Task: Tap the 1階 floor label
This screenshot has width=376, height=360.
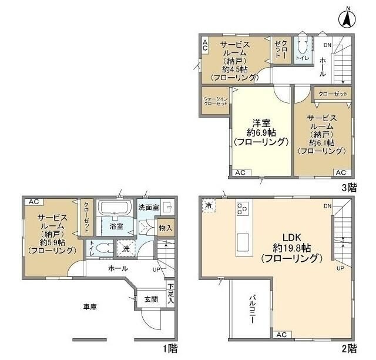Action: (x=170, y=349)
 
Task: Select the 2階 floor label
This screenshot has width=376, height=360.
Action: (x=349, y=349)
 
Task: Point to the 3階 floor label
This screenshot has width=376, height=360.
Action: (x=349, y=188)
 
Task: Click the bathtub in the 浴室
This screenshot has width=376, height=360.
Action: (x=114, y=208)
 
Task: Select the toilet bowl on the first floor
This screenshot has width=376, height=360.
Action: (x=104, y=248)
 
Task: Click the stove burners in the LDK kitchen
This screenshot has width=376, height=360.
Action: (x=243, y=208)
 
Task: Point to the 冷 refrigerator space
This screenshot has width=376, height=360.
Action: (x=209, y=205)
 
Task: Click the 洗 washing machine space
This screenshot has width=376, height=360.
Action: (x=126, y=249)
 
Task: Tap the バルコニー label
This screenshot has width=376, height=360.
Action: (x=252, y=309)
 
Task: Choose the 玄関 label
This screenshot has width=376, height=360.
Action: (x=152, y=299)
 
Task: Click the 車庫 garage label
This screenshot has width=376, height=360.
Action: (x=90, y=306)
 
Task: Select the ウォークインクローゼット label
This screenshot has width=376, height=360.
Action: (x=216, y=101)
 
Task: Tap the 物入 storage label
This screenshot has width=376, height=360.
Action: (x=166, y=228)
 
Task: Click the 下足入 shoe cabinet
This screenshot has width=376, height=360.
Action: (x=170, y=294)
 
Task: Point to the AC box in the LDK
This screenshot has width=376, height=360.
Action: (x=283, y=335)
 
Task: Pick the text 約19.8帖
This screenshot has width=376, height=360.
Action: (x=292, y=248)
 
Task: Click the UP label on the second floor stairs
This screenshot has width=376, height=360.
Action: (x=340, y=268)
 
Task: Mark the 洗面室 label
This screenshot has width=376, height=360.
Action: (x=149, y=207)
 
